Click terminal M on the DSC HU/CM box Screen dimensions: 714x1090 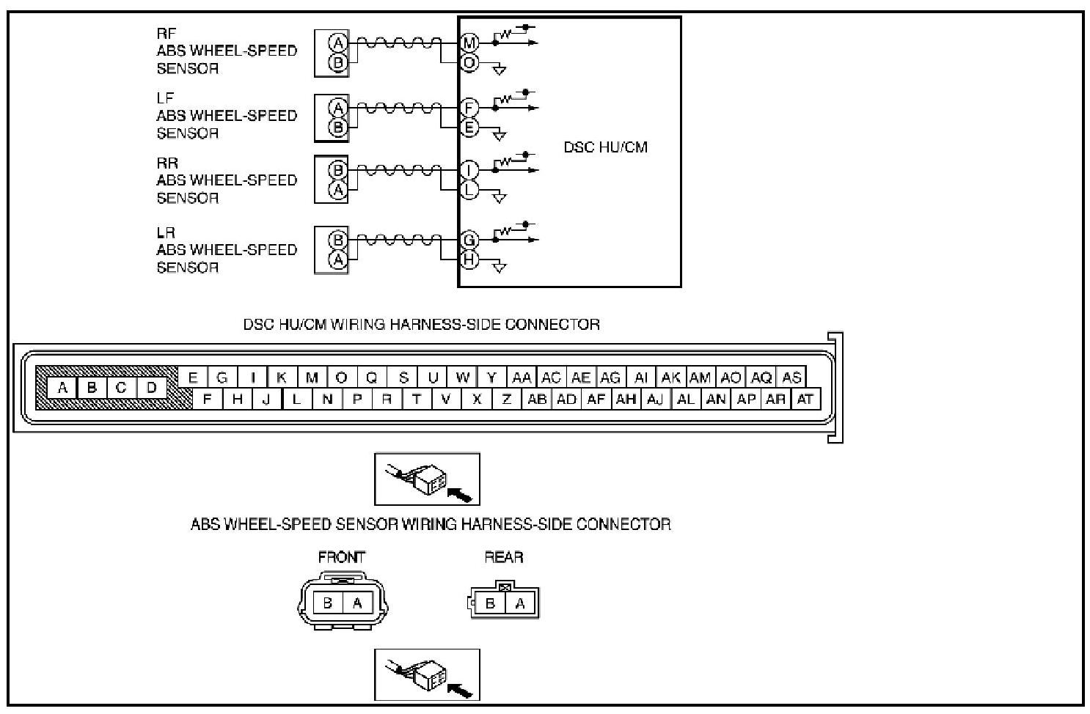pos(469,43)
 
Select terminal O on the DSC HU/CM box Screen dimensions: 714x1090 pos(469,63)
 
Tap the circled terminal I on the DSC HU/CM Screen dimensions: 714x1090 pos(469,171)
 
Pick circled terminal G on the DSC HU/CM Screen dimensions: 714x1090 pos(469,240)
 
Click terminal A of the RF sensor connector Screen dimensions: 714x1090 pos(338,43)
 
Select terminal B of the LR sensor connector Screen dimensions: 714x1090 pos(338,240)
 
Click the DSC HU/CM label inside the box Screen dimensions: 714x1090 pos(605,147)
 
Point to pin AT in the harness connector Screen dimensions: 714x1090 pos(805,399)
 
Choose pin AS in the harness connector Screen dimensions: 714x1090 pos(791,378)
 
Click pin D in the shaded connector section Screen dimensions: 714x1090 pos(151,387)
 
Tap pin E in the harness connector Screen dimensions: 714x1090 pos(193,378)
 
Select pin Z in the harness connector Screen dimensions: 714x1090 pos(506,399)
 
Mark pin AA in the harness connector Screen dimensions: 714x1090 pos(521,378)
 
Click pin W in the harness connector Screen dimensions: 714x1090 pos(462,378)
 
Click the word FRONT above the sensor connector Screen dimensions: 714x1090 pos(341,557)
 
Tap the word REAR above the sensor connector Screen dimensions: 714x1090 pos(504,557)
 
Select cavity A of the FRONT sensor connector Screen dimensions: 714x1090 pos(357,603)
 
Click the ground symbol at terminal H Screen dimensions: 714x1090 pos(499,267)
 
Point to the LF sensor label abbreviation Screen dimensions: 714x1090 pos(165,97)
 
